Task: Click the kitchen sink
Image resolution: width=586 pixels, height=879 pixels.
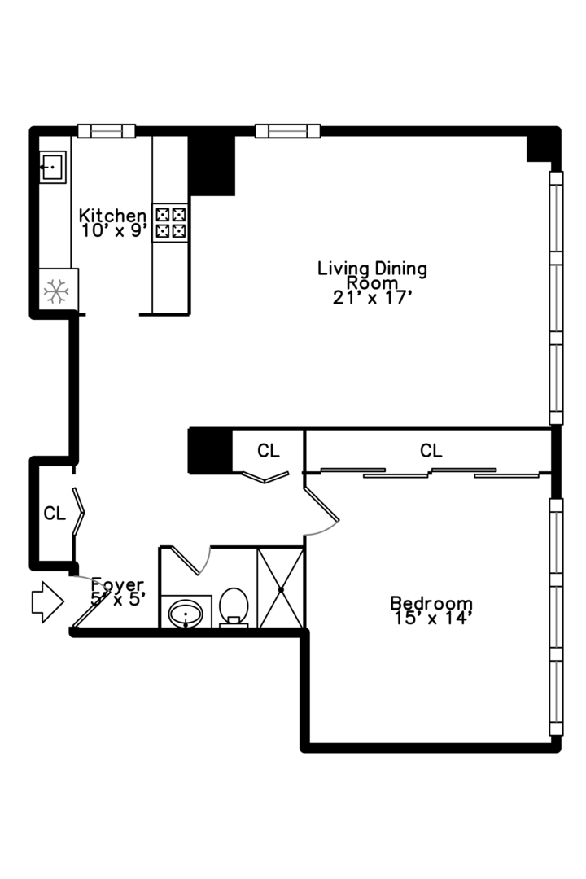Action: [x=53, y=167]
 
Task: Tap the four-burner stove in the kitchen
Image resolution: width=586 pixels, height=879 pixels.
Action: [x=170, y=222]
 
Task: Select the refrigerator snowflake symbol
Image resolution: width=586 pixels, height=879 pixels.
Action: [x=56, y=291]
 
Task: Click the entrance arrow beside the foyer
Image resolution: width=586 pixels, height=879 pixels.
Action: [x=48, y=602]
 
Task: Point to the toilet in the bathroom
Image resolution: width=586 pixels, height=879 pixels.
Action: [x=234, y=607]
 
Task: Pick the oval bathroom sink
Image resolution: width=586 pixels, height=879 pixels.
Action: [x=186, y=614]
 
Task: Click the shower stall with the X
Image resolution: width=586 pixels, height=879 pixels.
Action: [x=280, y=588]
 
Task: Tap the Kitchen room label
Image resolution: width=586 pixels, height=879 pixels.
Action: [x=112, y=215]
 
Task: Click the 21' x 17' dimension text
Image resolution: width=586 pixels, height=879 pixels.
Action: [x=372, y=298]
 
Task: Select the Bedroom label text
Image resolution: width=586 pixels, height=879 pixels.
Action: [x=431, y=603]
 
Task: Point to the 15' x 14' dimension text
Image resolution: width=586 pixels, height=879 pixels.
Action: [x=431, y=618]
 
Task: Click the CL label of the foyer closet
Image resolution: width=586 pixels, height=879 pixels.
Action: [x=55, y=513]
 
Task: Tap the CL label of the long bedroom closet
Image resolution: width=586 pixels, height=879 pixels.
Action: [x=431, y=450]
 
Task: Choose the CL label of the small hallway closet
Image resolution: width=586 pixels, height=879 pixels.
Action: [x=268, y=450]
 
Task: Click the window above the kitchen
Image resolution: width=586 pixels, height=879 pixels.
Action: [x=106, y=130]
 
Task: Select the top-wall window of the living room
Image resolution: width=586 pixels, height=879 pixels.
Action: [x=287, y=130]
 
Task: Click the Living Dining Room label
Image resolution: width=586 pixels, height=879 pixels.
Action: [x=372, y=275]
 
